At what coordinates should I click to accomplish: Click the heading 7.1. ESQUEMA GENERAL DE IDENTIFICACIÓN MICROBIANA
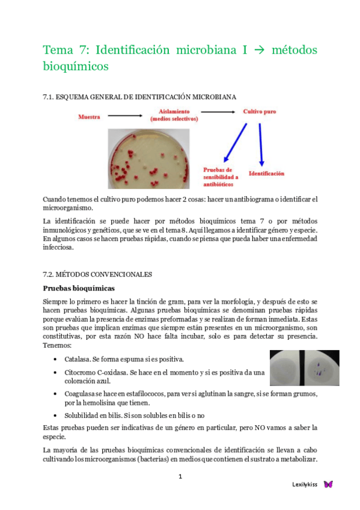(139, 96)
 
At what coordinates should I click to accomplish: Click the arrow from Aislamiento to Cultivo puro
(217, 112)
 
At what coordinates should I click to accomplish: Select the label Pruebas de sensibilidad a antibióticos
(221, 177)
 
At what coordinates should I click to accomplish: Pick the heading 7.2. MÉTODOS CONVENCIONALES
(97, 274)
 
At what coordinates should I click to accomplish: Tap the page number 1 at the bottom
(180, 477)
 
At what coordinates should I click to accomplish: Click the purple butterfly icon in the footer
(328, 484)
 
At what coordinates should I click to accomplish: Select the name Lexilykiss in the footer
(305, 484)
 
